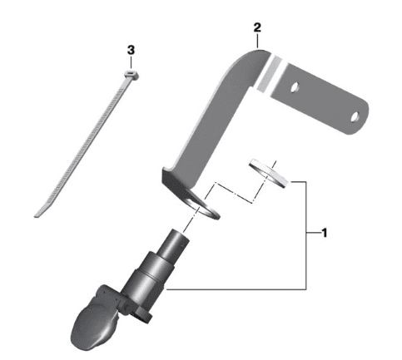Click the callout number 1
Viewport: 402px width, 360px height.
coord(324,233)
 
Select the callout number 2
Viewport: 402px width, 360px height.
coord(257,27)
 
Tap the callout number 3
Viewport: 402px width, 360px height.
coord(131,50)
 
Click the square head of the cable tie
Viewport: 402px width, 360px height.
coord(130,75)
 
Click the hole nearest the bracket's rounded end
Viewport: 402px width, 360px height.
coord(355,116)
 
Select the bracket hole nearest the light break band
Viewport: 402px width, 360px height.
coord(295,86)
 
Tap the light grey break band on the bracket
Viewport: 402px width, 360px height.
coord(269,74)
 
